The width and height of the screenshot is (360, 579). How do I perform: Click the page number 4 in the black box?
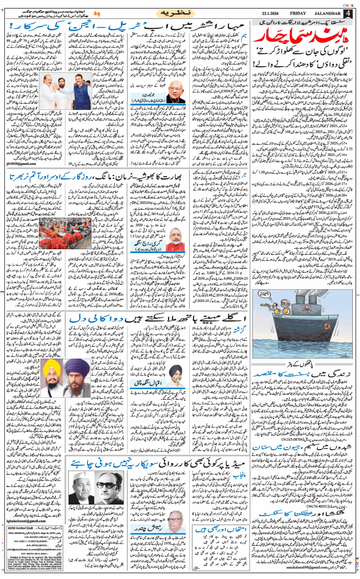[348, 13]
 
